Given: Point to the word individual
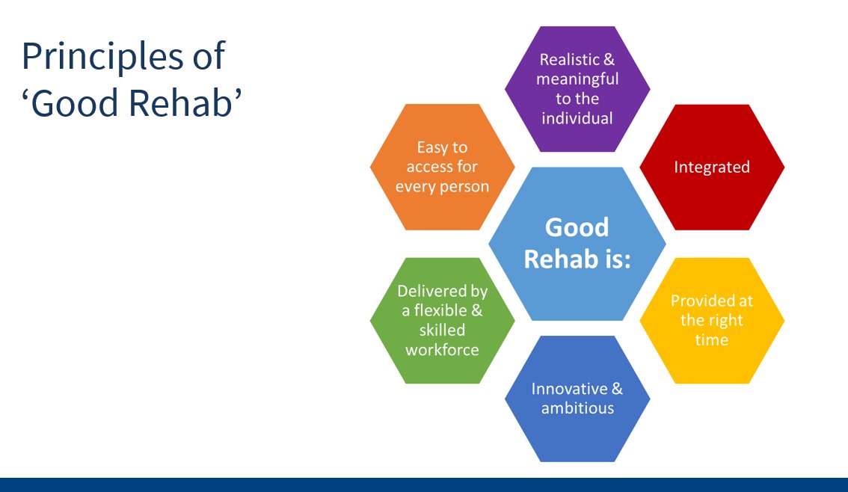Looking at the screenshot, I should pyautogui.click(x=577, y=118).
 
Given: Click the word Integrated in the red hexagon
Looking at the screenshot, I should pyautogui.click(x=711, y=167).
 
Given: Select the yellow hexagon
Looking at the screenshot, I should pyautogui.click(x=711, y=359).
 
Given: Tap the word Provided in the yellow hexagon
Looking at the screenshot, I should pyautogui.click(x=701, y=301).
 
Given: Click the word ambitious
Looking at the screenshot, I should pyautogui.click(x=577, y=408).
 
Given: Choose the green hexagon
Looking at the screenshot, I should pyautogui.click(x=442, y=366).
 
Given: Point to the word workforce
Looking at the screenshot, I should pyautogui.click(x=442, y=349).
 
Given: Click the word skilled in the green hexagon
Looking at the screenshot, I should pyautogui.click(x=442, y=330).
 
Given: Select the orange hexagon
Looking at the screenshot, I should pyautogui.click(x=442, y=209).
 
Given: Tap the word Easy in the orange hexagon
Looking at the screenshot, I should pyautogui.click(x=432, y=148).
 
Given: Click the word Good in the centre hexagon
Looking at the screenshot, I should pyautogui.click(x=577, y=227).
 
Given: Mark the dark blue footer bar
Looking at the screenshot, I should pyautogui.click(x=424, y=485).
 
